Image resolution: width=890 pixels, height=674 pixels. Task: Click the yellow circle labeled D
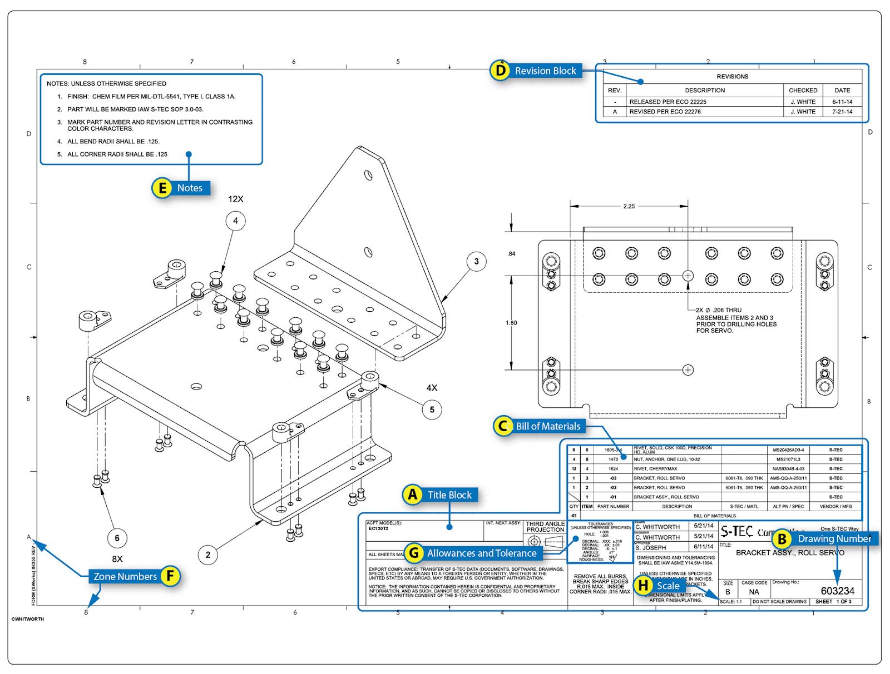500,71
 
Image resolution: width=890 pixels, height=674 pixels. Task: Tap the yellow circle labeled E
162,188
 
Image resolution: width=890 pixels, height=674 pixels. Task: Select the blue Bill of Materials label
547,426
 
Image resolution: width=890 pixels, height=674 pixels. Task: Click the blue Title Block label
449,495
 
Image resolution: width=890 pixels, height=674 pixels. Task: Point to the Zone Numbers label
125,576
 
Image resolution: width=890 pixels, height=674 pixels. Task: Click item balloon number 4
235,221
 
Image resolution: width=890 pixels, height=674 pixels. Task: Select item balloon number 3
476,261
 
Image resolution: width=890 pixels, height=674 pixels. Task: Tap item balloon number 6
117,538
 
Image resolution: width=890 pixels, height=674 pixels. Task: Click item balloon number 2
208,555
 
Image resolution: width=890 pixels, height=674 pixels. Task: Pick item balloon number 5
432,410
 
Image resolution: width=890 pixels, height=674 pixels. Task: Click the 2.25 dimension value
629,206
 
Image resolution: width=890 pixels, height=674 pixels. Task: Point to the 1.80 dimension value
511,323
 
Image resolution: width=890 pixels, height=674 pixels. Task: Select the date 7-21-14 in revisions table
842,112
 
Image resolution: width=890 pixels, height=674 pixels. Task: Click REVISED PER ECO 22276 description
665,112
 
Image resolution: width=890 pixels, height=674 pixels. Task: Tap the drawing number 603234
837,591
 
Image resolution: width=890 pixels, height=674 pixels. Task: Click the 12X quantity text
235,199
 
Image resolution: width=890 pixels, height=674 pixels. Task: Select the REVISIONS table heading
732,77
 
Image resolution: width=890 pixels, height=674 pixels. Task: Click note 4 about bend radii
113,142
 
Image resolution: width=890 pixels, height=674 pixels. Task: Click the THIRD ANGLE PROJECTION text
545,527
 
